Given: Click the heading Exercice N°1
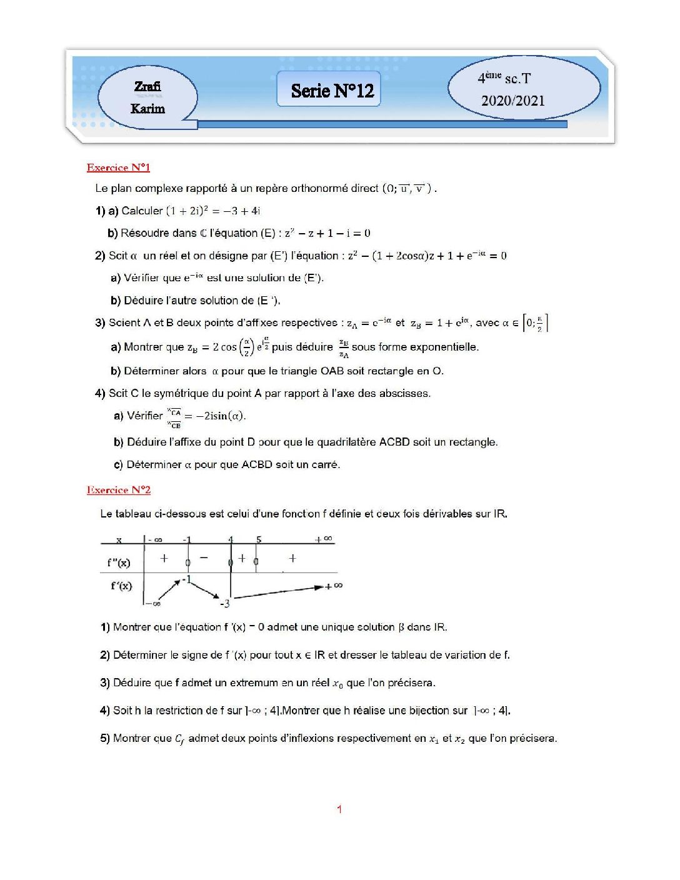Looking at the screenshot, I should (x=118, y=167).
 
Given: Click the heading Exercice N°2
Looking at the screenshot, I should (x=119, y=490).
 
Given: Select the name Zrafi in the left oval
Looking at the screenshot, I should (x=147, y=86).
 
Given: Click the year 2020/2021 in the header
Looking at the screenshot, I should (x=512, y=101).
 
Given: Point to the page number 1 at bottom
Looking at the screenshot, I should (x=339, y=809).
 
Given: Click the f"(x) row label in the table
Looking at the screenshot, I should (x=119, y=562).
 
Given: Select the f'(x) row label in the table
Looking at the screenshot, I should (x=121, y=586).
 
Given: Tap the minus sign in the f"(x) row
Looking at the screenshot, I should (x=204, y=557).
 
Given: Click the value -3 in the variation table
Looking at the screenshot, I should (x=225, y=604).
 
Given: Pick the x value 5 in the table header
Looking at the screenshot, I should (x=259, y=539).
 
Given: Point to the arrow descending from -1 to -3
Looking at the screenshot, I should (x=205, y=589).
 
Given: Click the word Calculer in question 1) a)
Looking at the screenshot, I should (x=142, y=211).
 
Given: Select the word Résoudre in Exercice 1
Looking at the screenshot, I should (x=149, y=233).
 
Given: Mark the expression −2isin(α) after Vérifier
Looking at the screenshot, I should (x=221, y=416).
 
